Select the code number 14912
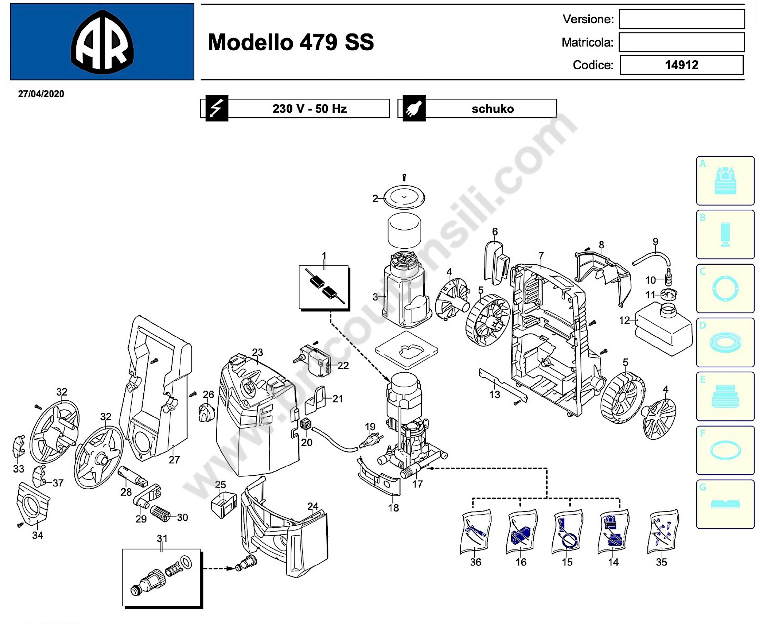[681, 65]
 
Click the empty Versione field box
[682, 19]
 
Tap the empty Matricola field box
[682, 42]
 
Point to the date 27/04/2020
[41, 94]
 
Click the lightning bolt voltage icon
[216, 108]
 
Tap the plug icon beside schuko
[414, 108]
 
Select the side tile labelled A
[725, 180]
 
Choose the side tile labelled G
[725, 504]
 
